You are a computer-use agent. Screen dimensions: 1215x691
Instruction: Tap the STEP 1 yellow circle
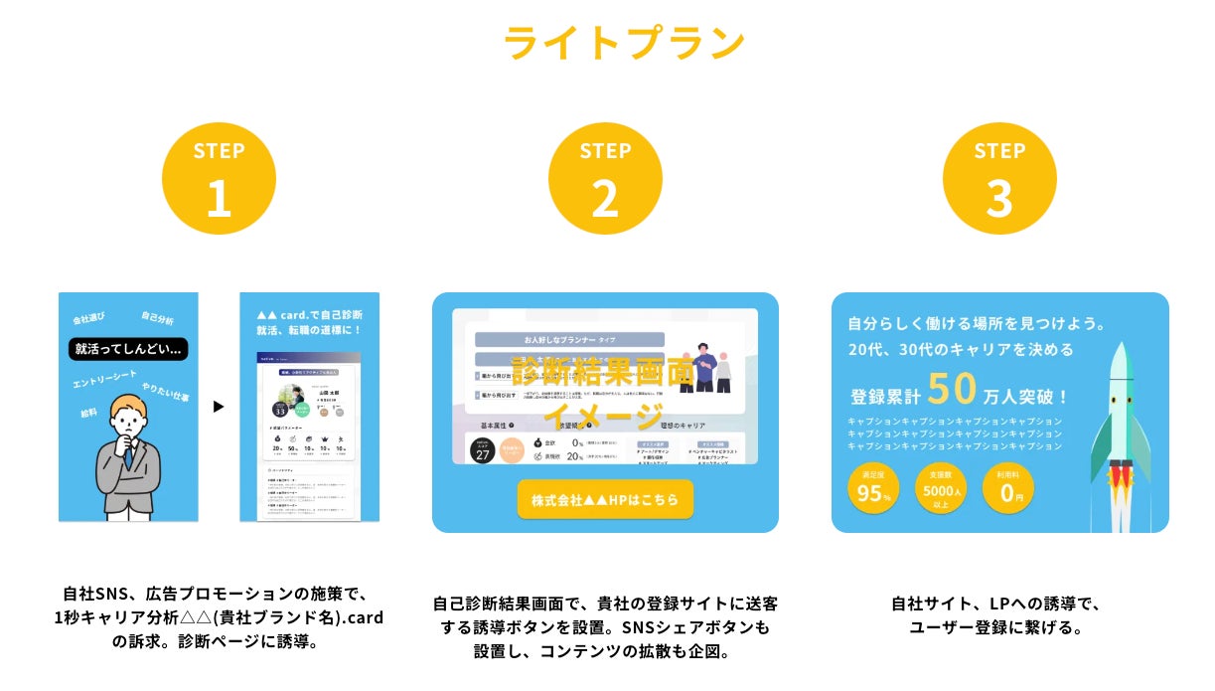click(x=219, y=179)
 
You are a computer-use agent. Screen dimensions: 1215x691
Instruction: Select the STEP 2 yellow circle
click(x=605, y=179)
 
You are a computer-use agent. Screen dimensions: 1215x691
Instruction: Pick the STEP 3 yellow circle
click(x=998, y=179)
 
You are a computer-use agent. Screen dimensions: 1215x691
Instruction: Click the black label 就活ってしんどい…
click(x=128, y=349)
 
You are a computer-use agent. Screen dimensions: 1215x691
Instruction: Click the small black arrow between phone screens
click(x=219, y=407)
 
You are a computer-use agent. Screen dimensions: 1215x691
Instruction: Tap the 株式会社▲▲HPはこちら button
click(x=605, y=499)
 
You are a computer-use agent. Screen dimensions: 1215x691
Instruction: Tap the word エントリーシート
click(x=103, y=379)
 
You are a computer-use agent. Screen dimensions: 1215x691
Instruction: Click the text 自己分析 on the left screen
click(x=157, y=318)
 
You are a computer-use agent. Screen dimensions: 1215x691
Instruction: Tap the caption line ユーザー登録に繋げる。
click(x=995, y=628)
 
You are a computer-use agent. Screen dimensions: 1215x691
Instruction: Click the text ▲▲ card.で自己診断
click(x=308, y=314)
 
